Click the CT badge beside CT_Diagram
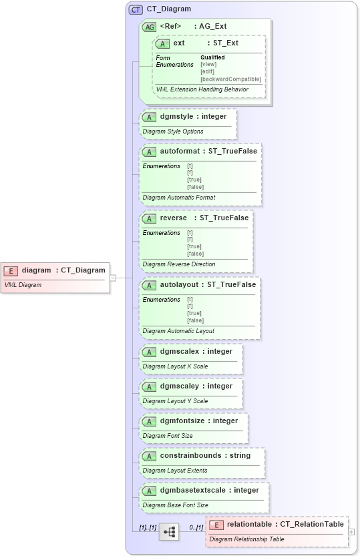[136, 9]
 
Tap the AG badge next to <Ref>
[150, 27]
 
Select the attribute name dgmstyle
[176, 117]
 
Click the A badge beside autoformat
[150, 152]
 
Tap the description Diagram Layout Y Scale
[175, 401]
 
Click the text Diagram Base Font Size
[176, 505]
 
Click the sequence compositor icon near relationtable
[169, 531]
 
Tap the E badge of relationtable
[216, 525]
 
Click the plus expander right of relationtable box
[352, 532]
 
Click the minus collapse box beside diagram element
[113, 277]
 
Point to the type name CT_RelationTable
[312, 525]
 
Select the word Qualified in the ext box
[212, 57]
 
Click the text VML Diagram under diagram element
[23, 285]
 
